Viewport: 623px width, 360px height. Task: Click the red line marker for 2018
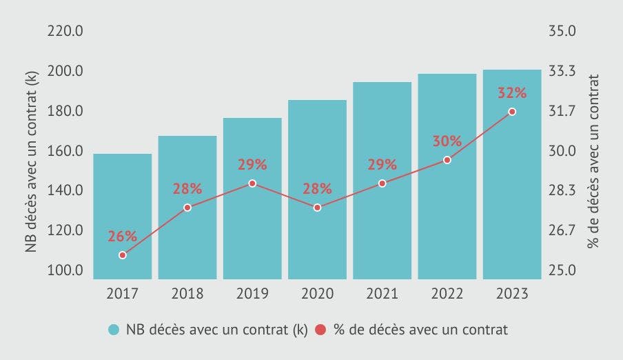187,208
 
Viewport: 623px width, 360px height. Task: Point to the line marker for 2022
447,160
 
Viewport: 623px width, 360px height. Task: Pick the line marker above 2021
382,183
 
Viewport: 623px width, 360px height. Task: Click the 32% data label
511,93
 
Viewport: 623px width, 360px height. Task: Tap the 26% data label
122,237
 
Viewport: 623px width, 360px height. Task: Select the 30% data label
447,141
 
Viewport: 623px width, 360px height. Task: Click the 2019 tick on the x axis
252,294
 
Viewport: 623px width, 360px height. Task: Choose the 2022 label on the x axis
447,294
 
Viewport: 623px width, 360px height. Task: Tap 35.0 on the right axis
563,32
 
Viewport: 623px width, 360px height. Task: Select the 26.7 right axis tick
563,231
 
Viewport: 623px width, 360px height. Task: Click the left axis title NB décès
32,151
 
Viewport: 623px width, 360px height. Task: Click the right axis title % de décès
593,151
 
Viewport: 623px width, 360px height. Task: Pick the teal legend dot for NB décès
114,330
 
